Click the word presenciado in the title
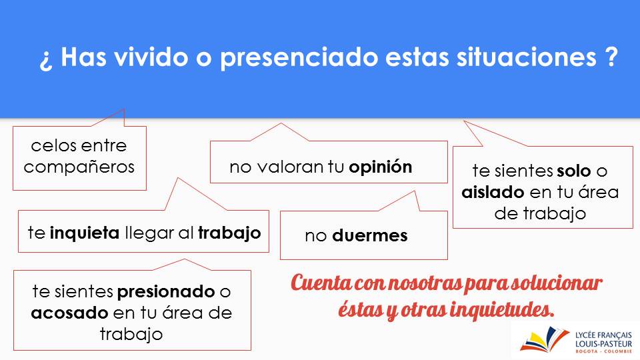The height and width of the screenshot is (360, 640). point(299,57)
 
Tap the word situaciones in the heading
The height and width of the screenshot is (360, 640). point(527,57)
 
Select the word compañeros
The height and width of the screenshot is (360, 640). point(79,167)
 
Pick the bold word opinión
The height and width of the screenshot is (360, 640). point(381,167)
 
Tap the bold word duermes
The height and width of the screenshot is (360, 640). point(370,235)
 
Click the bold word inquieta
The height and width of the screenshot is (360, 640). point(85,233)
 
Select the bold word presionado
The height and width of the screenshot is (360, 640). point(166,292)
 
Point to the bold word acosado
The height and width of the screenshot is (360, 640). point(69,313)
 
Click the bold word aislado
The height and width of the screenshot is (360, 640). point(493,192)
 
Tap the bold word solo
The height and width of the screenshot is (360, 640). point(574,171)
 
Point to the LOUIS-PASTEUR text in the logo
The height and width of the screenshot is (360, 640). point(603,344)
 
